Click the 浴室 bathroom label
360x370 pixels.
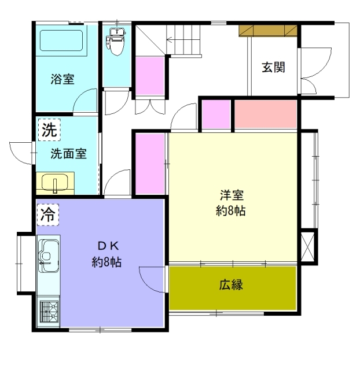pyautogui.click(x=63, y=79)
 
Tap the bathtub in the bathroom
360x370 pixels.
pyautogui.click(x=61, y=40)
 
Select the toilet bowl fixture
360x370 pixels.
pyautogui.click(x=116, y=42)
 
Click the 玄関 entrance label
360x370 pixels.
pyautogui.click(x=273, y=67)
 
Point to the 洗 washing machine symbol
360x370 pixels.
pyautogui.click(x=49, y=129)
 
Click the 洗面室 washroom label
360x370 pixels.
pyautogui.click(x=69, y=154)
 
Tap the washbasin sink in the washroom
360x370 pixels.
pyautogui.click(x=55, y=183)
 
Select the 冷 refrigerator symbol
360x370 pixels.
pyautogui.click(x=48, y=214)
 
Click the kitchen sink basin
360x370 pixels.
pyautogui.click(x=49, y=256)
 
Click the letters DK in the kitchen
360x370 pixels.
pyautogui.click(x=108, y=246)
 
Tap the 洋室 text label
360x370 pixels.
pyautogui.click(x=232, y=195)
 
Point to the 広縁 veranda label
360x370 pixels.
pyautogui.click(x=231, y=284)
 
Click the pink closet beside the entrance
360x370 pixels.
pyautogui.click(x=266, y=114)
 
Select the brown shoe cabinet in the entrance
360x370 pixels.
pyautogui.click(x=268, y=31)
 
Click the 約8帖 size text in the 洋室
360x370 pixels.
pyautogui.click(x=231, y=210)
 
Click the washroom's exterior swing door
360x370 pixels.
pyautogui.click(x=21, y=153)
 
